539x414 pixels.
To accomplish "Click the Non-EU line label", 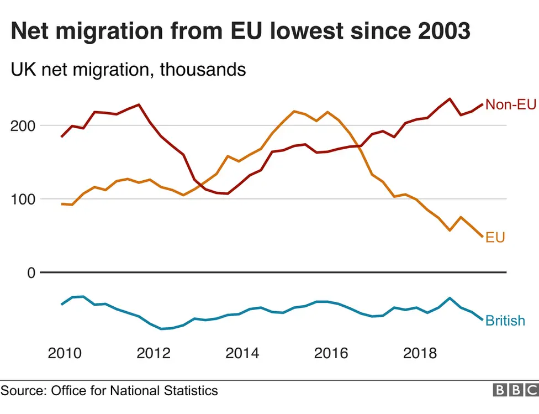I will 510,105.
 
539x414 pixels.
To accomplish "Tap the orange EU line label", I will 495,238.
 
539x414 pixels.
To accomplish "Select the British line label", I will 505,321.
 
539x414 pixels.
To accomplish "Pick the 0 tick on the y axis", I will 30,272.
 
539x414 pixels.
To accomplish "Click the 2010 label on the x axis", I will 64,353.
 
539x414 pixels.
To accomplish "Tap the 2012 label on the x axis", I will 153,353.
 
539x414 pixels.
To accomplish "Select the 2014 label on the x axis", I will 242,353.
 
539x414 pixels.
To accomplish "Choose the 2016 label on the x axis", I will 331,353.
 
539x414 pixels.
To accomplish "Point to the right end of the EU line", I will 482,237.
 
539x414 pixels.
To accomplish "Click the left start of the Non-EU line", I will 62,137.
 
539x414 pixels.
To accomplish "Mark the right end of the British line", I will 482,319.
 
